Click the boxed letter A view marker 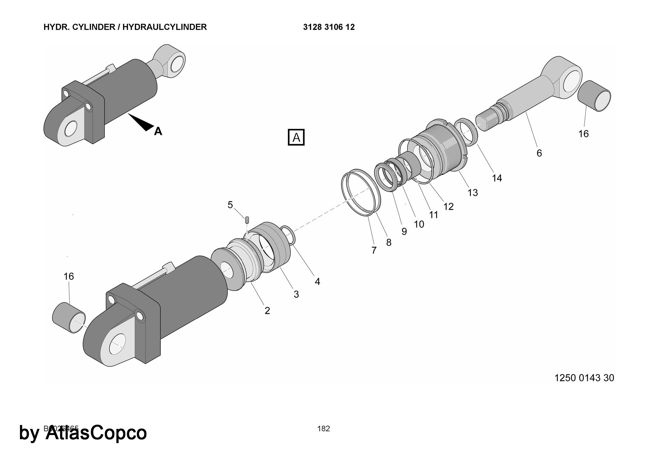click(x=296, y=137)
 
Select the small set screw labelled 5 click(x=247, y=220)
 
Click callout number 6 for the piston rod click(x=539, y=153)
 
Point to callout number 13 click(x=473, y=193)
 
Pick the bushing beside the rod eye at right click(x=594, y=96)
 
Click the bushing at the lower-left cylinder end click(x=69, y=318)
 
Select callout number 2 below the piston click(x=267, y=311)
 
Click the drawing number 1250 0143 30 click(x=584, y=378)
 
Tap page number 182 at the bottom click(x=323, y=429)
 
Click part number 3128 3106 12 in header click(x=329, y=27)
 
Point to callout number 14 click(x=497, y=178)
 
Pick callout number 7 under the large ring click(x=374, y=250)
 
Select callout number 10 click(x=419, y=224)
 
